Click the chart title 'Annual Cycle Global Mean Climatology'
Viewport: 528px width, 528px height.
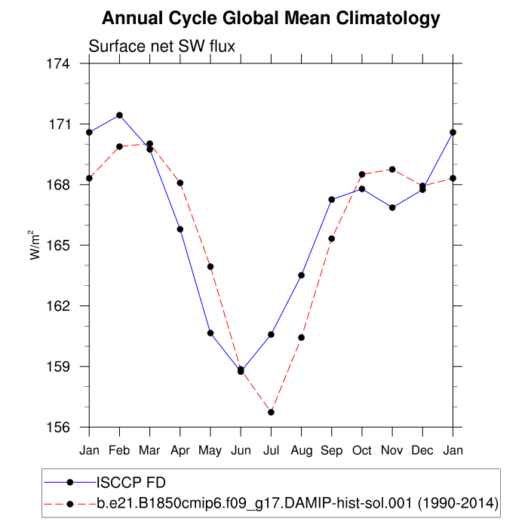tap(271, 18)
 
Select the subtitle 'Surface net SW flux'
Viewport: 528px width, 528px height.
tap(162, 46)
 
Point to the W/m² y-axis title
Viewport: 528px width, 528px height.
tap(35, 245)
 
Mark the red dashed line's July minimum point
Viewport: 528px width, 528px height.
tap(271, 412)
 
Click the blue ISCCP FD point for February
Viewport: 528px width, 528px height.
tap(119, 115)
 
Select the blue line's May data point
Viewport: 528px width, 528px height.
tap(210, 333)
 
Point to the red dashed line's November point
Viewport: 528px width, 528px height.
tap(392, 169)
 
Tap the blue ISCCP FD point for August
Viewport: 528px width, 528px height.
tap(302, 275)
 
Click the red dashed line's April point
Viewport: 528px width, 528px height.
tap(180, 183)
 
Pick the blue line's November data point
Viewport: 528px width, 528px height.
tap(392, 207)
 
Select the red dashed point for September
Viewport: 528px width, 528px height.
tap(332, 238)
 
